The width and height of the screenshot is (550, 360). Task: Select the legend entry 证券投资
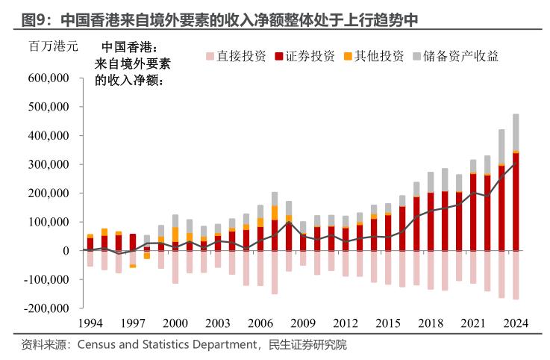(304, 56)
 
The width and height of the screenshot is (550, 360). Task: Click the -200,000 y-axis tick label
(46, 308)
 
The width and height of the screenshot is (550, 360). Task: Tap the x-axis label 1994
(90, 323)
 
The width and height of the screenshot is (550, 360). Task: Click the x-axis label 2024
(515, 323)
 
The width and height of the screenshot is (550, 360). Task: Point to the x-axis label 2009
(302, 323)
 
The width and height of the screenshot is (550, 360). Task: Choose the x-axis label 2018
(430, 323)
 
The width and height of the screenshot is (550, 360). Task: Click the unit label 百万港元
(53, 47)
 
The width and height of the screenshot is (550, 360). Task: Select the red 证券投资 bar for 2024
(516, 202)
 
